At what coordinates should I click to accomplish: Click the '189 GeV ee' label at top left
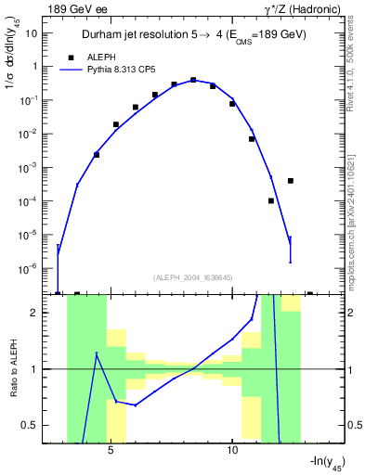pos(79,9)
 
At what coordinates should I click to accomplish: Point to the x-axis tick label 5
pos(111,452)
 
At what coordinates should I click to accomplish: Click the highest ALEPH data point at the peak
pos(193,80)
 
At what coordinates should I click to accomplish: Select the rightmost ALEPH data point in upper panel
pos(291,181)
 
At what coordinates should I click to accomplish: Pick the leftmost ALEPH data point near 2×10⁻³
pos(97,155)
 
